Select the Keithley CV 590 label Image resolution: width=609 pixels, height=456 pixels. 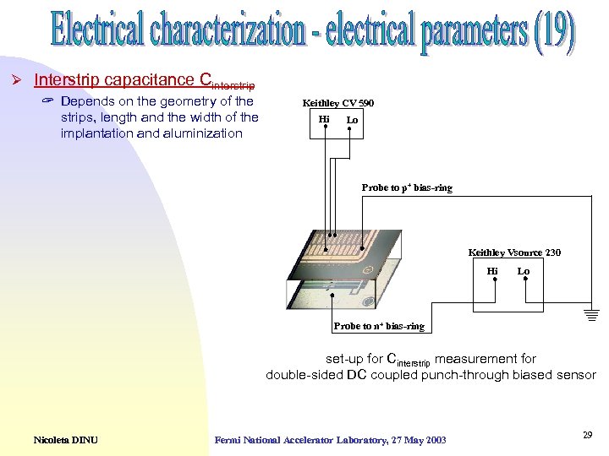[338, 104]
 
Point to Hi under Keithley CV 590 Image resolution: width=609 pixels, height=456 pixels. [324, 120]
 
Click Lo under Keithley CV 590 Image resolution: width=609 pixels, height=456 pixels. [352, 120]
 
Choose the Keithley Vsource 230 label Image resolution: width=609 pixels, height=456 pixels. [514, 252]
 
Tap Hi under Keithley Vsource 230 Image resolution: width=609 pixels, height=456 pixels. [492, 271]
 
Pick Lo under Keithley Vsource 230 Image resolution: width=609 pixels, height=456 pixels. [524, 271]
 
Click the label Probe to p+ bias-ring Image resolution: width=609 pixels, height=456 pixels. [407, 187]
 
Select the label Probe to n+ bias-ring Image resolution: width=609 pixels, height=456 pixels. [379, 326]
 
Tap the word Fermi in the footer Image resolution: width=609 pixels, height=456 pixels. [229, 439]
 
